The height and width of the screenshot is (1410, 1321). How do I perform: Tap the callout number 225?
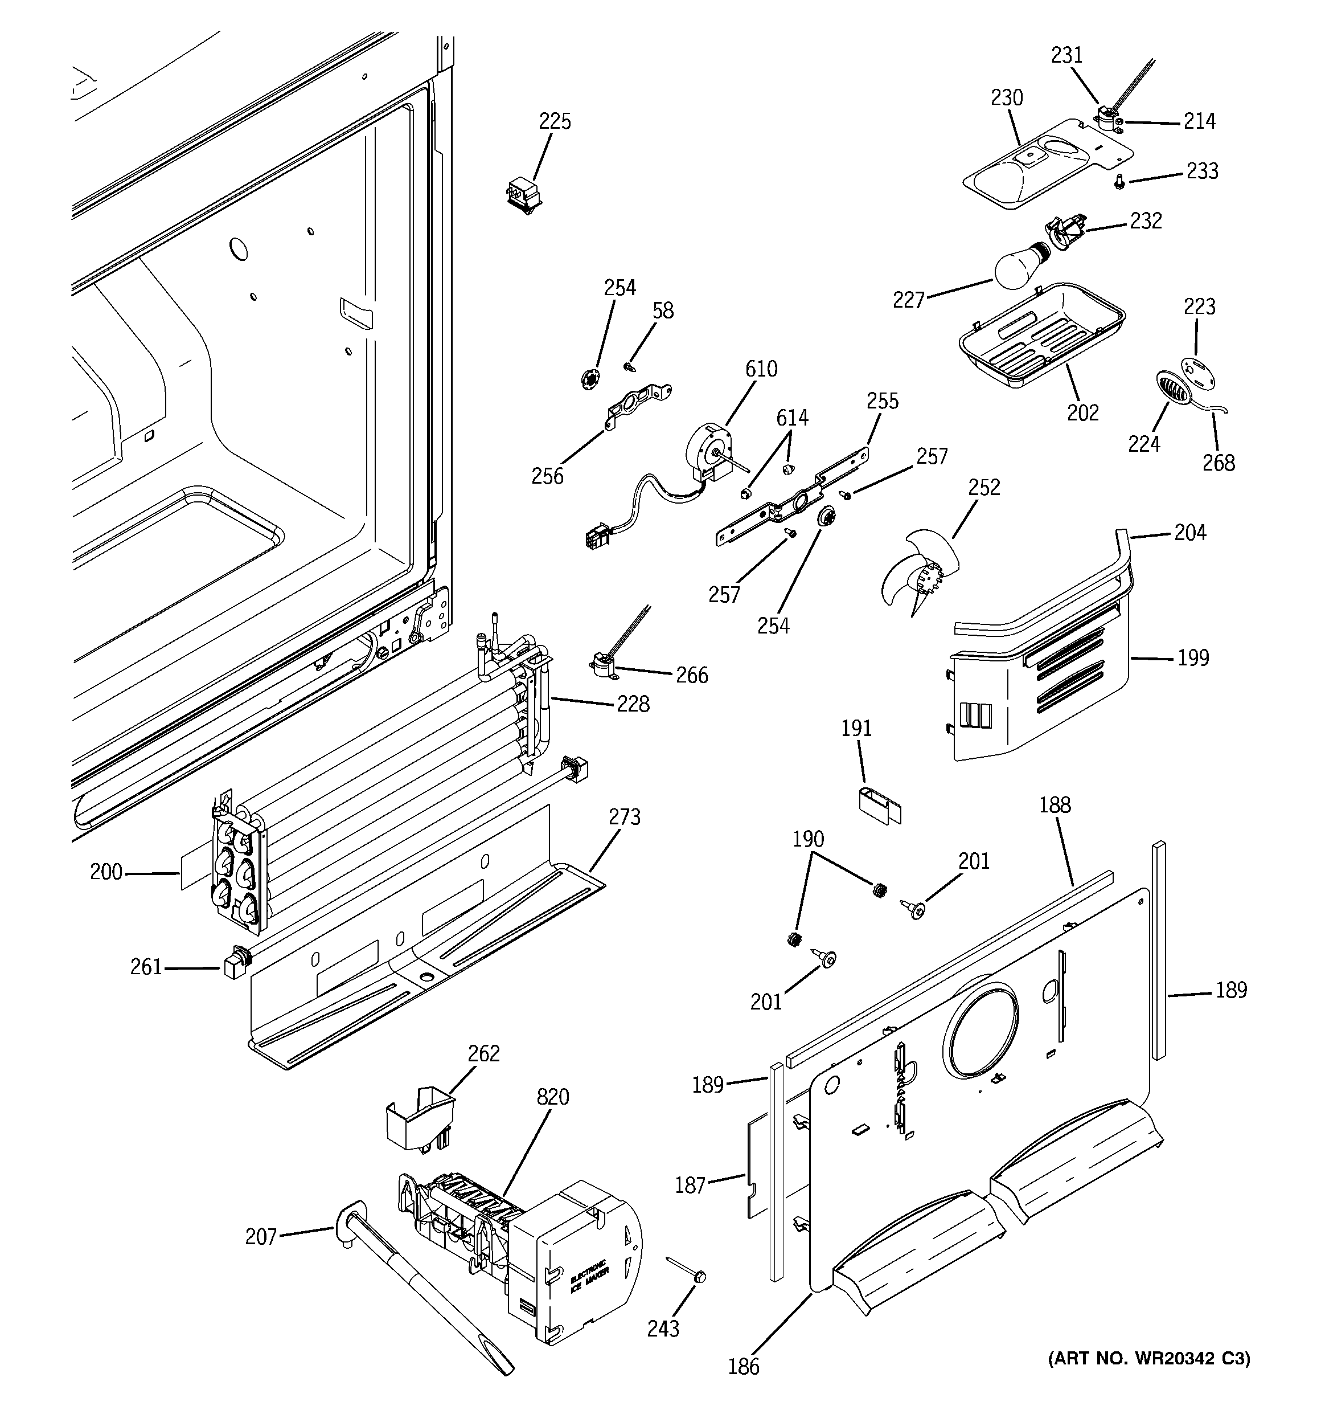pyautogui.click(x=555, y=121)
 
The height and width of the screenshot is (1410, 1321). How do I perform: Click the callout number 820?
pyautogui.click(x=552, y=1097)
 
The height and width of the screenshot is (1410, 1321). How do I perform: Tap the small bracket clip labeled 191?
pyautogui.click(x=878, y=803)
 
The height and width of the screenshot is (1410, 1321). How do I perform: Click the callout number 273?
pyautogui.click(x=624, y=817)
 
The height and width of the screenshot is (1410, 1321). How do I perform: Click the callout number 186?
pyautogui.click(x=743, y=1367)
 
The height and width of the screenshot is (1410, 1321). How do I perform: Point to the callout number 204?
pyautogui.click(x=1190, y=532)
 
